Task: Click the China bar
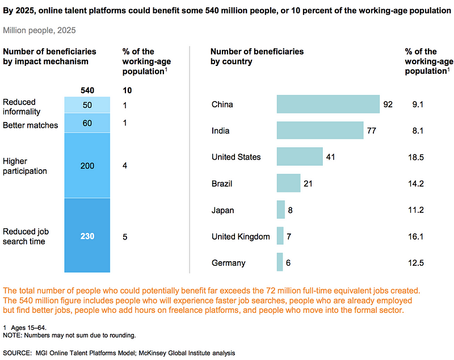[328, 104]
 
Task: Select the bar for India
[320, 131]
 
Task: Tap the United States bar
[300, 157]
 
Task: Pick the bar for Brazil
[288, 183]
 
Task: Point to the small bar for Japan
[281, 210]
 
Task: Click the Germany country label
[228, 263]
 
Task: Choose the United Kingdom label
[241, 236]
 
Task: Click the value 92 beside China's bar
[388, 104]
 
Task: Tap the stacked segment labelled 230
[87, 236]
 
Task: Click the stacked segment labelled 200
[87, 166]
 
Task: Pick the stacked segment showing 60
[87, 123]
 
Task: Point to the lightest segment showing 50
[87, 106]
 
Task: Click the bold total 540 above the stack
[87, 90]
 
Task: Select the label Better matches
[31, 125]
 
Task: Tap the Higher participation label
[25, 166]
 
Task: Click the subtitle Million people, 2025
[40, 30]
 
